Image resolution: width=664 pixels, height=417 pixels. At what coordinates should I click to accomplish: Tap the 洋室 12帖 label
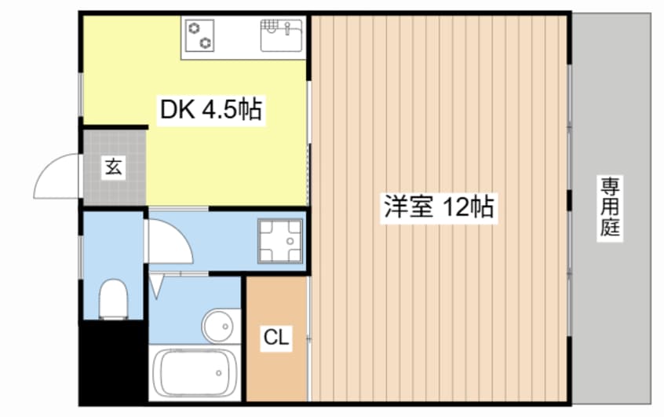pyautogui.click(x=438, y=208)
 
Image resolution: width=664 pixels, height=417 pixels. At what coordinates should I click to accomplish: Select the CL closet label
pyautogui.click(x=275, y=339)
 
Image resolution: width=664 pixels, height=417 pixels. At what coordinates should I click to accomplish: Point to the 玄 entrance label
pyautogui.click(x=114, y=167)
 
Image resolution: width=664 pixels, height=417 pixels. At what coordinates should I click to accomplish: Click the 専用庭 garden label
pyautogui.click(x=611, y=207)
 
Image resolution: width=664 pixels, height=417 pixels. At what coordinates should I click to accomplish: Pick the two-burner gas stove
pyautogui.click(x=200, y=35)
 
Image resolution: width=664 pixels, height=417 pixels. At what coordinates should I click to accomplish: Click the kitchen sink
pyautogui.click(x=283, y=35)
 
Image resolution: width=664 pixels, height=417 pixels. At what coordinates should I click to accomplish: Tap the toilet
pyautogui.click(x=114, y=299)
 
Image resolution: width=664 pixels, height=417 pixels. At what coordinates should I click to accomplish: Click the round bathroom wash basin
pyautogui.click(x=219, y=324)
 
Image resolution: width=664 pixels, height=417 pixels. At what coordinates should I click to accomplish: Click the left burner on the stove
pyautogui.click(x=193, y=29)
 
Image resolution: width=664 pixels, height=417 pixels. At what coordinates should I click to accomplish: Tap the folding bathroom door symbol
pyautogui.click(x=155, y=286)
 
